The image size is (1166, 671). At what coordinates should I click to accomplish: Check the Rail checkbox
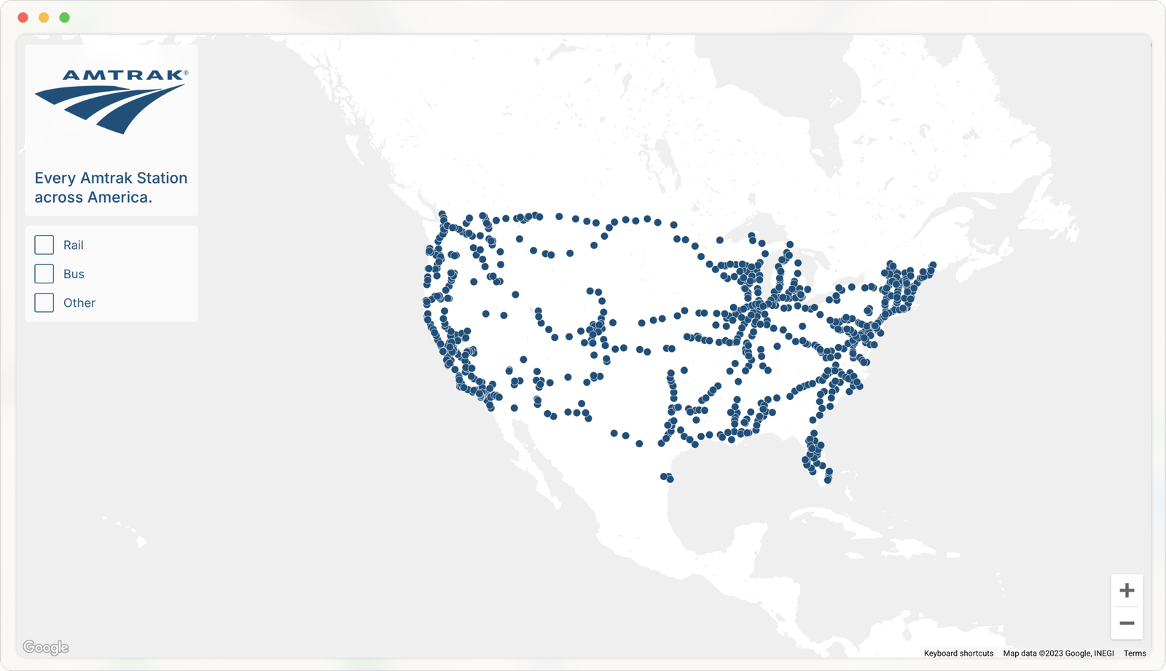44,245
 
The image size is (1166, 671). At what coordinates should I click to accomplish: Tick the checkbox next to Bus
44,274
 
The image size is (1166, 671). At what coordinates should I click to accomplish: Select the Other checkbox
44,302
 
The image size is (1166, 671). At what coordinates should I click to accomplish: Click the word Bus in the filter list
74,274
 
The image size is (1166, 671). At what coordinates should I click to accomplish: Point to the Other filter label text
79,302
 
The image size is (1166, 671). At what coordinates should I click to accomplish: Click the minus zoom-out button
1127,623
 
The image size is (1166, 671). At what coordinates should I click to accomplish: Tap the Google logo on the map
46,647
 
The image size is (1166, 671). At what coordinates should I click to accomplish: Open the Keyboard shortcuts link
958,654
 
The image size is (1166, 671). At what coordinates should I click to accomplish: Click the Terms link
1135,654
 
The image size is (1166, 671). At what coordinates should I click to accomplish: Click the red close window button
23,17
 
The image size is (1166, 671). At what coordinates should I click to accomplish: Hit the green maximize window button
65,17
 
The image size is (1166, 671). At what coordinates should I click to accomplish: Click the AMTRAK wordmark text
124,75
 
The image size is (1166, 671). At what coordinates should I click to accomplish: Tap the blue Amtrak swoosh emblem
109,108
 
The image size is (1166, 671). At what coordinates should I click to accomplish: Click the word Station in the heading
162,178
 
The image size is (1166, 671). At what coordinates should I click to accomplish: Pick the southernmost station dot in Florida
828,480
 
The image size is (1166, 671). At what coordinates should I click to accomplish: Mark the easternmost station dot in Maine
933,266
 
